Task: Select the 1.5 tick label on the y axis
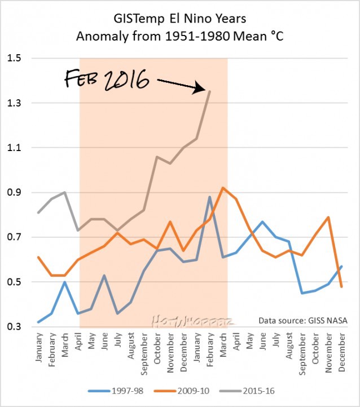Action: coord(14,59)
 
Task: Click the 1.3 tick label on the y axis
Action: coord(14,103)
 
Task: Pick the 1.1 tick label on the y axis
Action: coord(14,148)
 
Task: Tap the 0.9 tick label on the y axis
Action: coord(14,193)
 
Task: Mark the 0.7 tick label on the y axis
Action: coord(14,237)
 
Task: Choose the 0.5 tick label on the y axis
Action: coord(14,282)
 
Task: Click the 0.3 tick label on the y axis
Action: coord(14,327)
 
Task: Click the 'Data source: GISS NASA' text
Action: coord(302,320)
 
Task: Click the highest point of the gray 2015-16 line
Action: coord(210,91)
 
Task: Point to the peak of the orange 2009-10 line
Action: coord(223,188)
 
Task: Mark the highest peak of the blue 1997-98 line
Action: coord(210,197)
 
